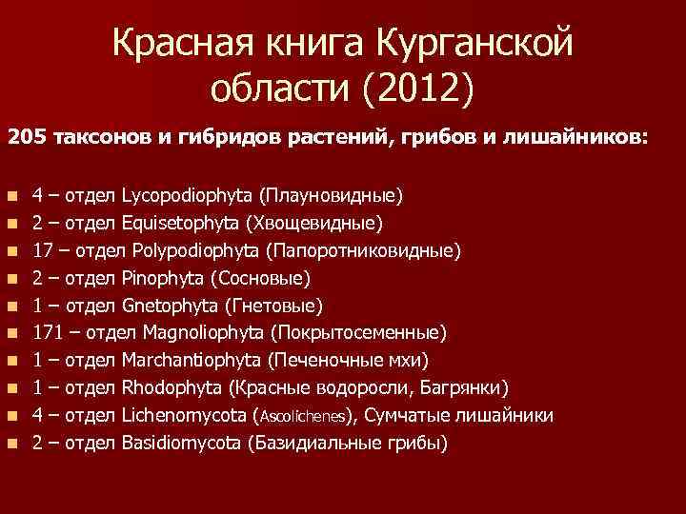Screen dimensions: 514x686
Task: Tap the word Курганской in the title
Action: click(475, 41)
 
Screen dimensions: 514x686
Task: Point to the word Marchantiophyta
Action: click(193, 361)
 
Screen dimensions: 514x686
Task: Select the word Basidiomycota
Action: click(180, 444)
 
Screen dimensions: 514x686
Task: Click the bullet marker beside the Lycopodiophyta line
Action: click(11, 197)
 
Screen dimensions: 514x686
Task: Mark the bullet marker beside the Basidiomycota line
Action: click(11, 445)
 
